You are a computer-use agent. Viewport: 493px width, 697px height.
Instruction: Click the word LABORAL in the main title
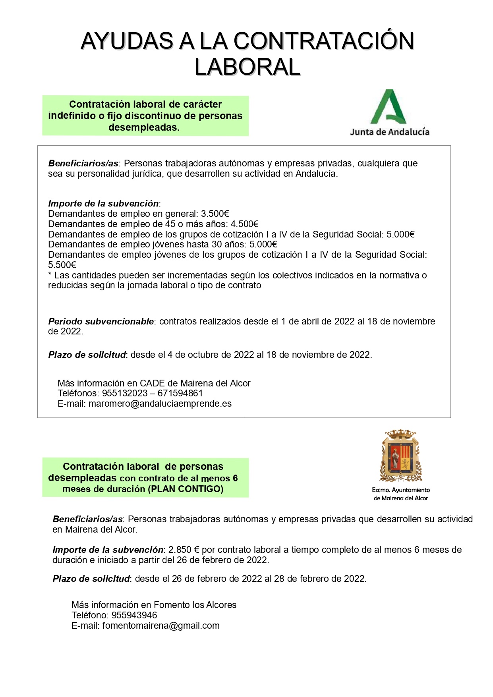247,67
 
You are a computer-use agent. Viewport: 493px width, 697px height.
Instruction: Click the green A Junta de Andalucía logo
389,106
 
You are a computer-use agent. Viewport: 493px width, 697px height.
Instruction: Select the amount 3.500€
215,214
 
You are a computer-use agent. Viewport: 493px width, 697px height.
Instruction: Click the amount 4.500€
244,224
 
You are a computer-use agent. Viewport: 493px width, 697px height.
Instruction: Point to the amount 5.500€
62,265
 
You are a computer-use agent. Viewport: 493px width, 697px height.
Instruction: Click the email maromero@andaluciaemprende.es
160,404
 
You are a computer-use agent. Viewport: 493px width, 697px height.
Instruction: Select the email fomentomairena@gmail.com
161,626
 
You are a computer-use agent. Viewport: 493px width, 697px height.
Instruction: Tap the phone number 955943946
134,615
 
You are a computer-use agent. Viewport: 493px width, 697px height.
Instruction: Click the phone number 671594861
180,393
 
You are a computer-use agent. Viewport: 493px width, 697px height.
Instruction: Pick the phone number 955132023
125,393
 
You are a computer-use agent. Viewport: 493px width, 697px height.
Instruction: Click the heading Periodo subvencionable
101,321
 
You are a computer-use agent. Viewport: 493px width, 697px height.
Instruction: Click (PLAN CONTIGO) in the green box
186,489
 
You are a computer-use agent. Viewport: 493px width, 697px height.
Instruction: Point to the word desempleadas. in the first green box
144,127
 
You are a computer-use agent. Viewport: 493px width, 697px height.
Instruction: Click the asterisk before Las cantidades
50,275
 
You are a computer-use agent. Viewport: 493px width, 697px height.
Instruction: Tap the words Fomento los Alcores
195,605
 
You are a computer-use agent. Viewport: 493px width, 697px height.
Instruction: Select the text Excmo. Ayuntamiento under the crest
400,490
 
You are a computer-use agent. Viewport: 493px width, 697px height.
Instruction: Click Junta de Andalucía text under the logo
389,132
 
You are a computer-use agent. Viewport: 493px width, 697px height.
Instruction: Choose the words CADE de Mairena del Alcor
195,383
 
